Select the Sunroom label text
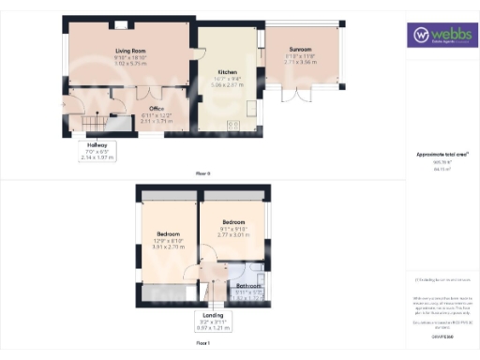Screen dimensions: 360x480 (300, 50)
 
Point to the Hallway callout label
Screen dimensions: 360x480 (97, 145)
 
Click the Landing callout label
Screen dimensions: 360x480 (213, 315)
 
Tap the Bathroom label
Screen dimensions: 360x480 (249, 286)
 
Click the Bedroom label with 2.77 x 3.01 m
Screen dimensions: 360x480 (230, 223)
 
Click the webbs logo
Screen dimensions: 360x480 (441, 37)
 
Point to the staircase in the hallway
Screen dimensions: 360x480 (93, 122)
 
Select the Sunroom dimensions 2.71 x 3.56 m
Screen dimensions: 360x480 (300, 62)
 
